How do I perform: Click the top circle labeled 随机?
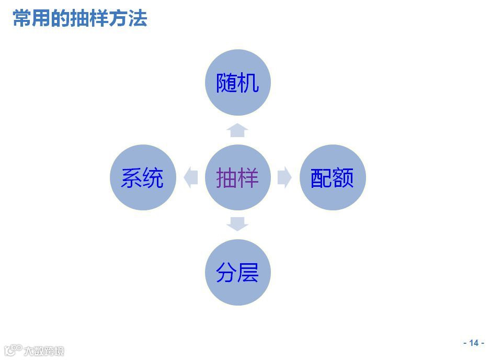[237, 83]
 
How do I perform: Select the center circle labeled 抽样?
[237, 177]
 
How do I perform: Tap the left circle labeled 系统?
[142, 177]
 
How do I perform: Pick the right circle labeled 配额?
[332, 177]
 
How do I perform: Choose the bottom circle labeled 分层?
[237, 272]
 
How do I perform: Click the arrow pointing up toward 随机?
[237, 130]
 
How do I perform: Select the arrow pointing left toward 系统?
[191, 177]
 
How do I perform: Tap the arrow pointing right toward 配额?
[284, 177]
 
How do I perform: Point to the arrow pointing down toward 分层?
[237, 224]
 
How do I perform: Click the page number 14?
[474, 343]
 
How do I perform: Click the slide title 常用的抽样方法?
[80, 18]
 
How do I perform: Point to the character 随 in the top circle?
[227, 83]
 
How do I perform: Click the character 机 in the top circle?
[248, 83]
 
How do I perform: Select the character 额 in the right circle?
[343, 177]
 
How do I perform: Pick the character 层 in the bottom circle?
[248, 272]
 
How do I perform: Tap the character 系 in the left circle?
[131, 177]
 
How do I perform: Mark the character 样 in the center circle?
[248, 177]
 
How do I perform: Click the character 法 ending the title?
[139, 18]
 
